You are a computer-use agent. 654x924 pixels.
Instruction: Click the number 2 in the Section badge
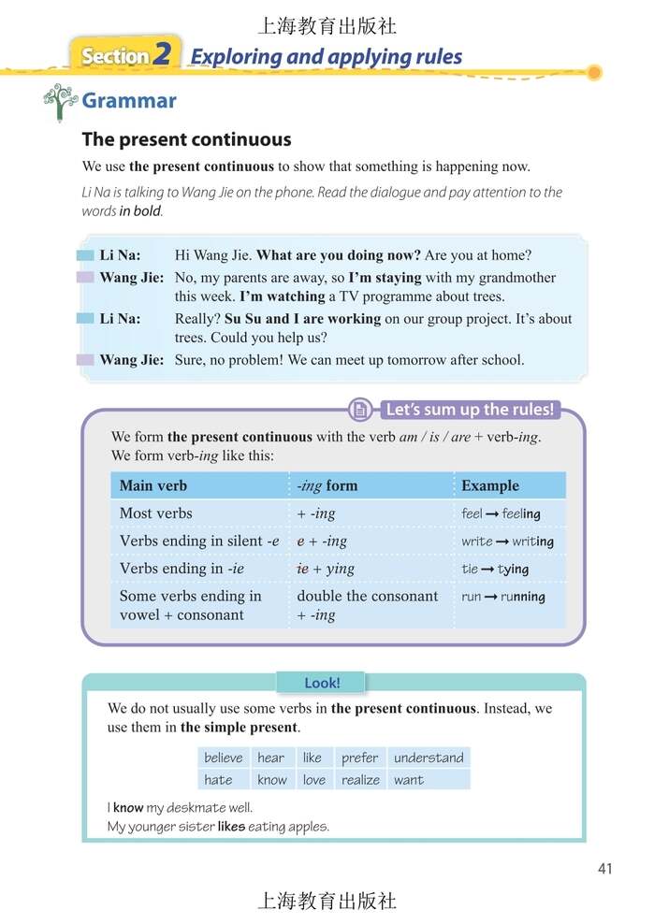tap(162, 55)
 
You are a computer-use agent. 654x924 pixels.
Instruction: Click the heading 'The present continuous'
tap(186, 139)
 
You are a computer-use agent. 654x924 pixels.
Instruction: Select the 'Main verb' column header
tap(153, 485)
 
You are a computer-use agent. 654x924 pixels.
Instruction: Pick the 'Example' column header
tap(489, 485)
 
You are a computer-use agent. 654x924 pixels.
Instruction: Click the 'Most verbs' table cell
tap(155, 513)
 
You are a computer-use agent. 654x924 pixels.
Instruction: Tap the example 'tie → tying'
tap(495, 569)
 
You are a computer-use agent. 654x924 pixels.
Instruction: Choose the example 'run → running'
tap(502, 597)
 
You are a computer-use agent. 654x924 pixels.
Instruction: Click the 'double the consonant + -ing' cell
tap(367, 605)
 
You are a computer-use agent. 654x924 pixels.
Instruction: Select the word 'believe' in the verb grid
tap(223, 758)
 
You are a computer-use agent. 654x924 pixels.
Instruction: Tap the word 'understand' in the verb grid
tap(429, 758)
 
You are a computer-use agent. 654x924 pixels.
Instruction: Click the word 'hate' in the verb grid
tap(218, 779)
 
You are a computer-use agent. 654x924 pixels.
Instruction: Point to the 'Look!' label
tap(322, 684)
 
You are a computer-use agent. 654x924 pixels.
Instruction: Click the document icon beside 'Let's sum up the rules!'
tap(359, 410)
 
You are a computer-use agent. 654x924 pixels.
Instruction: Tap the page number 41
tap(604, 869)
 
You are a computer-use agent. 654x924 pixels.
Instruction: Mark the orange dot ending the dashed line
tap(593, 72)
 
